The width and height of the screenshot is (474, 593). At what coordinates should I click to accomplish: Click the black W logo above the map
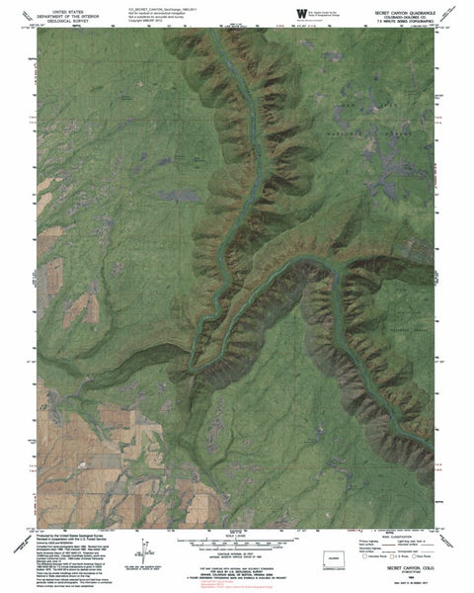300,10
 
